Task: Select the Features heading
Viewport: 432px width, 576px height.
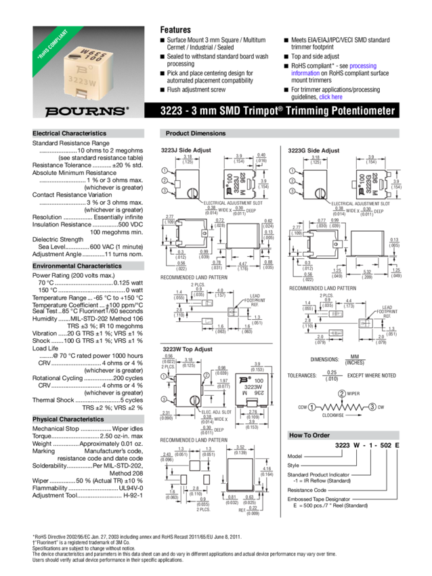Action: (175, 30)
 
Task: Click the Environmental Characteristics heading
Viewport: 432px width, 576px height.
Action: (75, 266)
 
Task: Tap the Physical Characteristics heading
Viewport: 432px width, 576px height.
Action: (68, 419)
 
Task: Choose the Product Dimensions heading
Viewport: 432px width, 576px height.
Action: (196, 133)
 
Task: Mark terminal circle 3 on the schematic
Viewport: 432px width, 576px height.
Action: (372, 407)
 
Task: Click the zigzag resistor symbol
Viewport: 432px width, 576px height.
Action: (342, 407)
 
